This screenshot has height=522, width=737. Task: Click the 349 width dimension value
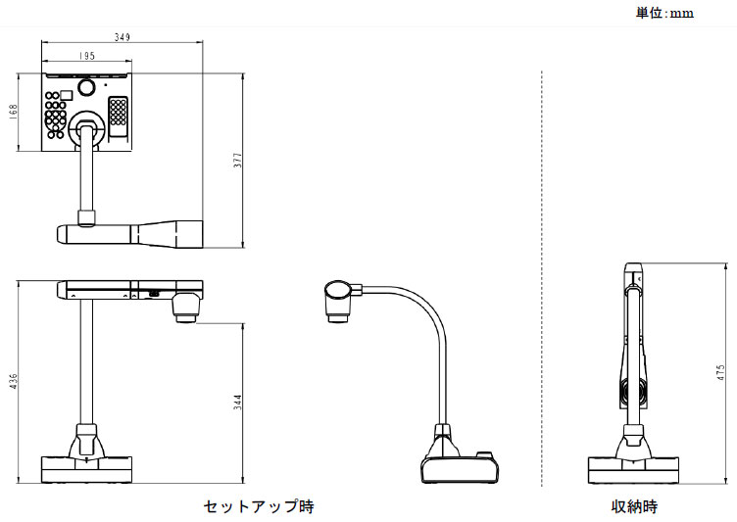[x=123, y=37]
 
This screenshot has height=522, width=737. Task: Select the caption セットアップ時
[x=259, y=506]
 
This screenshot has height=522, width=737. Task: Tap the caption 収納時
[x=635, y=506]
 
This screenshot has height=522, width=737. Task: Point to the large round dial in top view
[x=85, y=88]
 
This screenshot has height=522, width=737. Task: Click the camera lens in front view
[x=187, y=312]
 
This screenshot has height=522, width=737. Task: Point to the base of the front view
[x=86, y=468]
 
